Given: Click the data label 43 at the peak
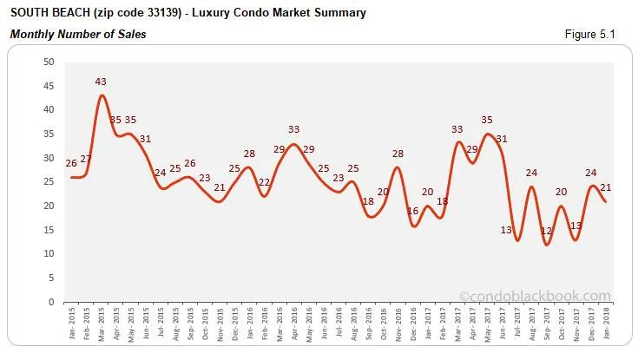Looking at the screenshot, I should (101, 82).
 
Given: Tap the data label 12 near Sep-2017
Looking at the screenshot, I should (546, 232).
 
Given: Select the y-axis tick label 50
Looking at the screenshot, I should (49, 62).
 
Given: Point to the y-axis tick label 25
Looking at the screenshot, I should (49, 182).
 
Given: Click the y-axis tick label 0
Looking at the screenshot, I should (51, 302).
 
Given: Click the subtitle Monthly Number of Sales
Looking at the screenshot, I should (77, 34).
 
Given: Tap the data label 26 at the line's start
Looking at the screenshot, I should (71, 163).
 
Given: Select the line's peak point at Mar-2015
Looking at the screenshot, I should (102, 95).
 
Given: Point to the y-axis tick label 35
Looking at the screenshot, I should (49, 134).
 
